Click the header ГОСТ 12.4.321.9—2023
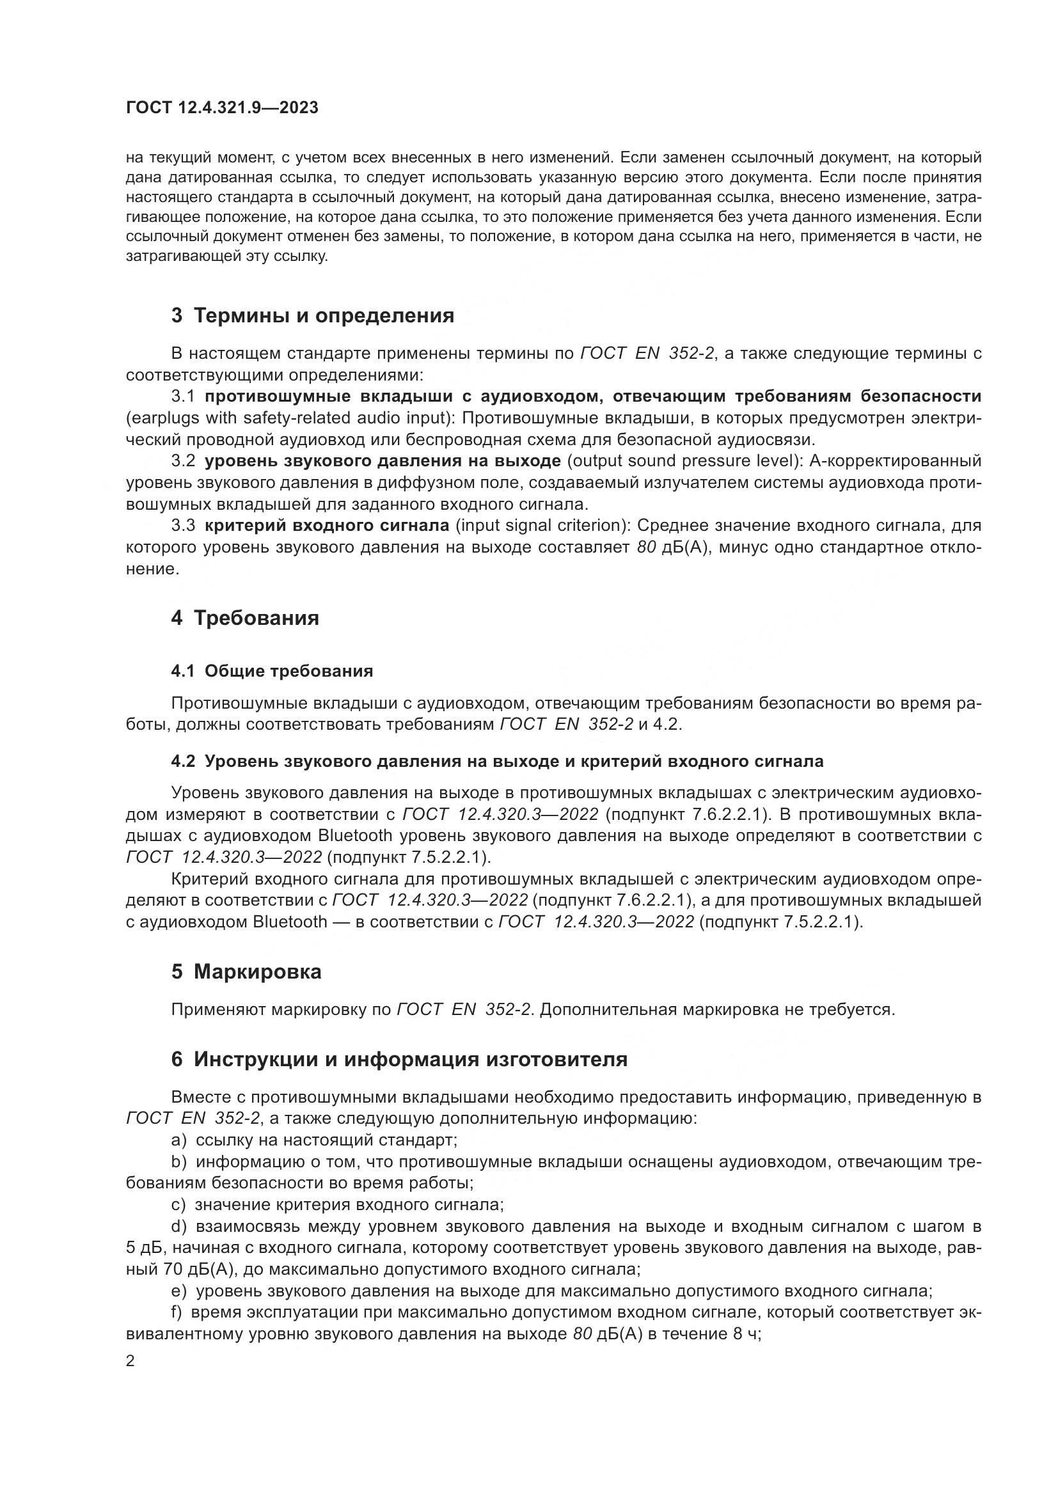222,108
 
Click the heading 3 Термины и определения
313,316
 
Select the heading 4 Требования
245,618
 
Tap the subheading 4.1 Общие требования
272,671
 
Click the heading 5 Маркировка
246,972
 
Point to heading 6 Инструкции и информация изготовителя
399,1059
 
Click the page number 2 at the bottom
130,1361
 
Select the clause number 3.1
183,396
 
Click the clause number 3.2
183,461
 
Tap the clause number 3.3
183,526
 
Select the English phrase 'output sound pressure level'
684,461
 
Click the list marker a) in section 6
179,1140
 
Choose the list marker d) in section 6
179,1227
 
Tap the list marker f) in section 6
177,1313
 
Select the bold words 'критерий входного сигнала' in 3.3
327,526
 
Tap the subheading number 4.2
183,761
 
